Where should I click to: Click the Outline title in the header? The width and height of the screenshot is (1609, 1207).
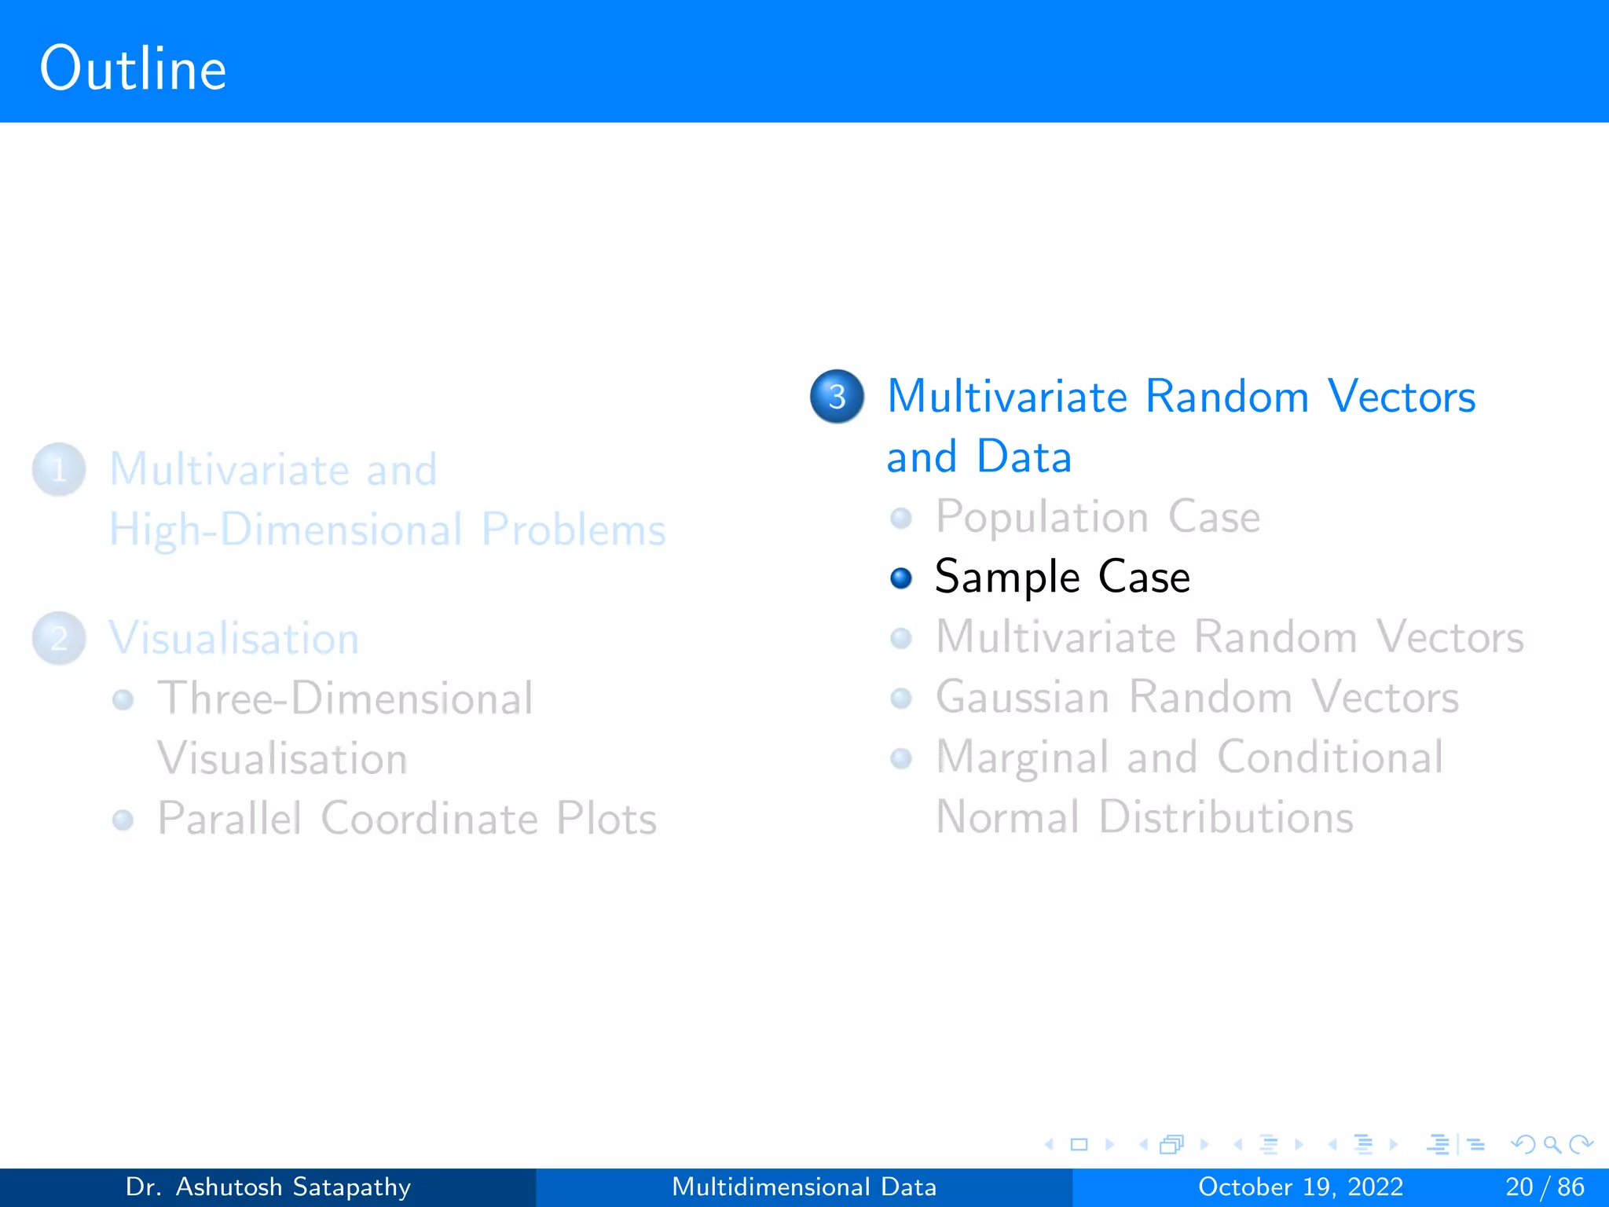click(x=134, y=69)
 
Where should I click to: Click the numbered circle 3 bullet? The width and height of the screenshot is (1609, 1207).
click(x=837, y=396)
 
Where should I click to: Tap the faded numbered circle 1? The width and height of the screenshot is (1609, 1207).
click(x=59, y=470)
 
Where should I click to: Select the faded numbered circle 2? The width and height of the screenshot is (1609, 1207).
click(x=59, y=638)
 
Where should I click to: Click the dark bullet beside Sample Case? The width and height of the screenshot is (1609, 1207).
click(x=901, y=578)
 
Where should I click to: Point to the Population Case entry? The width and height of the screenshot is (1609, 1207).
click(x=1097, y=517)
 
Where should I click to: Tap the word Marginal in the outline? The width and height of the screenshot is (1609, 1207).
click(x=1021, y=758)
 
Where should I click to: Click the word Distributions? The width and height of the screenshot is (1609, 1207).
click(x=1226, y=817)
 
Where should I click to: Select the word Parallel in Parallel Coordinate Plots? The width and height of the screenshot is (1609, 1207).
click(x=229, y=819)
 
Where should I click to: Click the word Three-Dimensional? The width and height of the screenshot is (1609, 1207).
click(x=345, y=698)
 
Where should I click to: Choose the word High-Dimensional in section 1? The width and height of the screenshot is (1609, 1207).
click(x=285, y=530)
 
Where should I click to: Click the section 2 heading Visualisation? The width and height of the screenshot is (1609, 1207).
click(x=234, y=638)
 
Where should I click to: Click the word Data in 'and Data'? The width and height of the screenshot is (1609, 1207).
click(x=1024, y=457)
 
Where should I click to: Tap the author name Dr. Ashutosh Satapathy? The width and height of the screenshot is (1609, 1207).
click(x=268, y=1187)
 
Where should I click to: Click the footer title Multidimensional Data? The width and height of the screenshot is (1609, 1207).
click(x=804, y=1187)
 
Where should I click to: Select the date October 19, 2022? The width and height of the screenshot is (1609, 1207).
click(x=1300, y=1187)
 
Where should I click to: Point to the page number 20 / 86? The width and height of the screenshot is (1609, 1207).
click(x=1545, y=1187)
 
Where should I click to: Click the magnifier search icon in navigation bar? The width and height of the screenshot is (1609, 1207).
click(x=1552, y=1144)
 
